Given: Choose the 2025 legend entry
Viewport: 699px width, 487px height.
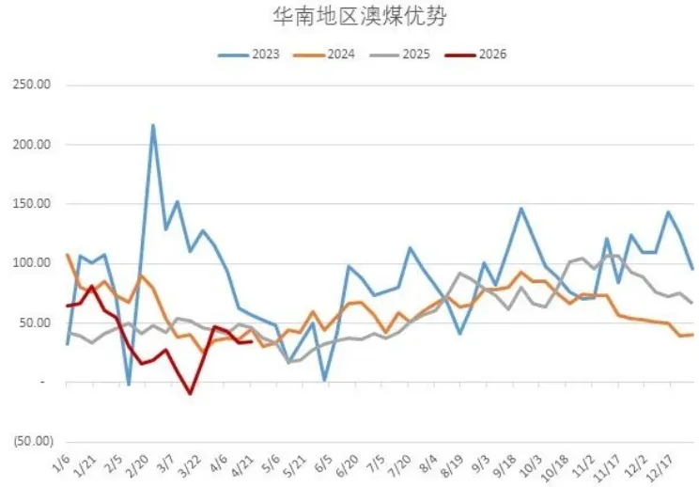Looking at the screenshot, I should pyautogui.click(x=412, y=54).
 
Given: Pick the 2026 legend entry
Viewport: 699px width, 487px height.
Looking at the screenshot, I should pyautogui.click(x=489, y=54).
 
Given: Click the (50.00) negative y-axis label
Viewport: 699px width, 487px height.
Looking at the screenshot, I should pyautogui.click(x=29, y=441).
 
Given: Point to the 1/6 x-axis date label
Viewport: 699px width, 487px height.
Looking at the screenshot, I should pyautogui.click(x=60, y=463).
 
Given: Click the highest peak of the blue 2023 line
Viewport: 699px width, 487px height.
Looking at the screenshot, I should pyautogui.click(x=153, y=125).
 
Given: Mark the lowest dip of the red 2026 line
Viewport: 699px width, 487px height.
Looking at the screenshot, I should pyautogui.click(x=190, y=393).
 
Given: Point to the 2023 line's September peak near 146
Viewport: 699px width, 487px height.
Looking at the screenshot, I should pyautogui.click(x=521, y=209).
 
